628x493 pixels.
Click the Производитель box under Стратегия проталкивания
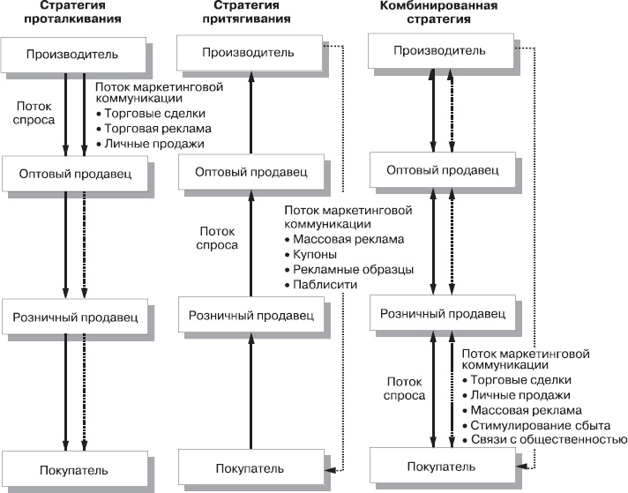(x=72, y=55)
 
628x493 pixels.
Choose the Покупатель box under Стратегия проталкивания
(x=73, y=466)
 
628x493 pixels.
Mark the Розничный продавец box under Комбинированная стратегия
(x=444, y=313)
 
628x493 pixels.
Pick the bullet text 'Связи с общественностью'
(x=542, y=440)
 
